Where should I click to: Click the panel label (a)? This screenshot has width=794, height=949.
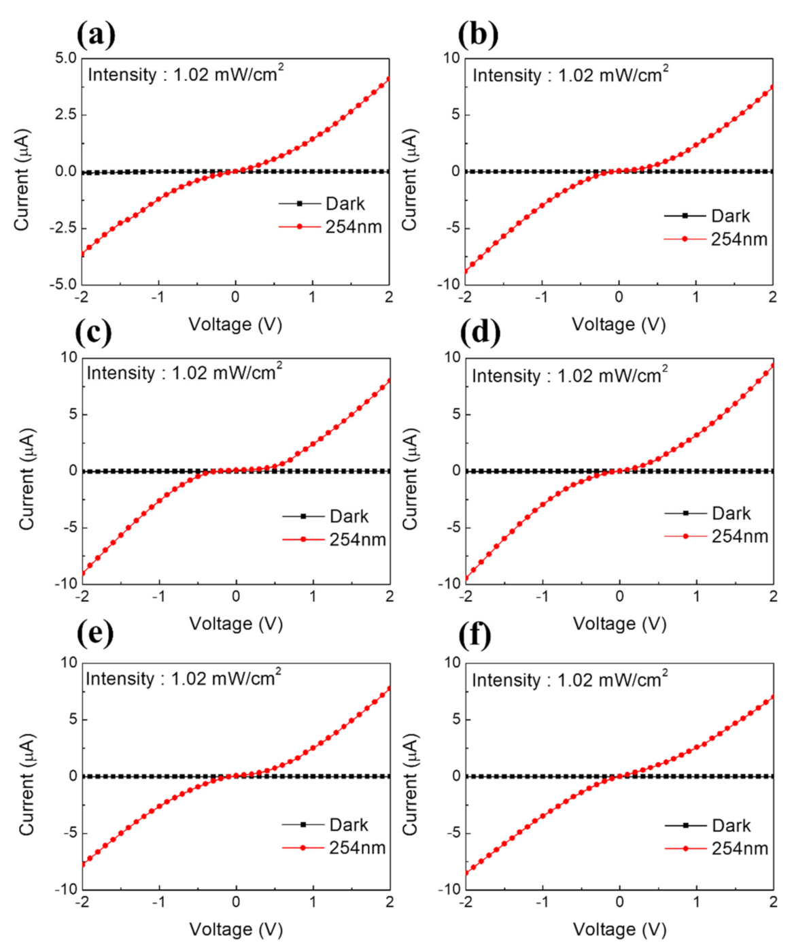tap(96, 34)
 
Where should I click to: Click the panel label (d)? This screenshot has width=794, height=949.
tap(480, 332)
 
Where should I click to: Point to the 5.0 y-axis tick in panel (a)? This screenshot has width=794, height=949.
tap(66, 59)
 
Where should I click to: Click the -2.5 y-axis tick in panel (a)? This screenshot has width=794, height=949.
tap(64, 228)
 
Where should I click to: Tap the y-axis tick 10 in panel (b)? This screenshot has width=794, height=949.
tap(452, 59)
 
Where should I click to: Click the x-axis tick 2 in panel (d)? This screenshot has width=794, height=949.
tap(773, 597)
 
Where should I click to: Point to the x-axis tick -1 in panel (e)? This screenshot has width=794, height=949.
tap(158, 902)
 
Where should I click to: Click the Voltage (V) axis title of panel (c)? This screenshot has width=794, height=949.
tap(236, 624)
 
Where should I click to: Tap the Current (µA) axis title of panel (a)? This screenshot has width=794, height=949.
tap(22, 180)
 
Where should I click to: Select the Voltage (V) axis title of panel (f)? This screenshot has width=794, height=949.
tap(619, 929)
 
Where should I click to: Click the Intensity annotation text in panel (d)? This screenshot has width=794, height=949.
tap(570, 376)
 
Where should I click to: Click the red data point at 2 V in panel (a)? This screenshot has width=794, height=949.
tap(389, 79)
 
